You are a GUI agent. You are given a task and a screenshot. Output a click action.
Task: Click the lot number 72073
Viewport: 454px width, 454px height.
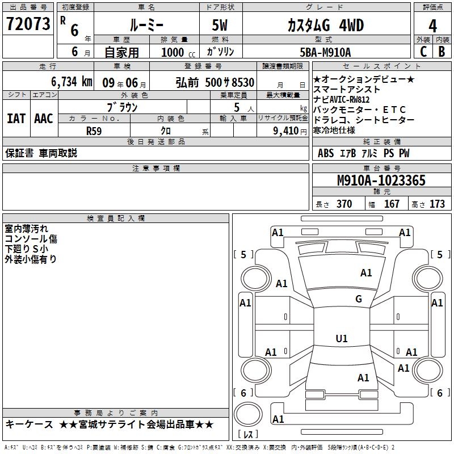click(x=28, y=24)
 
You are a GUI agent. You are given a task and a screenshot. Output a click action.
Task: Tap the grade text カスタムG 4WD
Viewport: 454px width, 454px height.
click(x=326, y=26)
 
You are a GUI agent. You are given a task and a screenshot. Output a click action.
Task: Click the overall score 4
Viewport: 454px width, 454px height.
click(x=432, y=26)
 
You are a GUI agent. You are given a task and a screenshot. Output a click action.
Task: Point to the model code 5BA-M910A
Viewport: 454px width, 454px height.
click(x=325, y=52)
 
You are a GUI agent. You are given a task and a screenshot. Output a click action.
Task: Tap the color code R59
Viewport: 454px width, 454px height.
click(x=94, y=131)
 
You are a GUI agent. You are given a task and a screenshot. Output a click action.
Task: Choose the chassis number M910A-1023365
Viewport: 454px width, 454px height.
click(x=381, y=181)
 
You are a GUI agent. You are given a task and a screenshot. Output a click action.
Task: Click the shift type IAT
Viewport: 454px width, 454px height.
click(x=16, y=119)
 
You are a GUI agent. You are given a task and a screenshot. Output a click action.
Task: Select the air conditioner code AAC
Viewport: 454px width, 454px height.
click(x=43, y=119)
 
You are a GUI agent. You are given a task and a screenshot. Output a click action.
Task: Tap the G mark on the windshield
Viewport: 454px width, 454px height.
click(x=358, y=299)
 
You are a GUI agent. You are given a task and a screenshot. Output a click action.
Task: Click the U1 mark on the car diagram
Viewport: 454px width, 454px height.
click(x=341, y=339)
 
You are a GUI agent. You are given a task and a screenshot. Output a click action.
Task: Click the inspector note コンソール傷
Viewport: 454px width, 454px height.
click(x=31, y=239)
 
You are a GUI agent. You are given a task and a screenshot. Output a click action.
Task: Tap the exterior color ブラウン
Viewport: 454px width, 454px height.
click(x=123, y=107)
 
